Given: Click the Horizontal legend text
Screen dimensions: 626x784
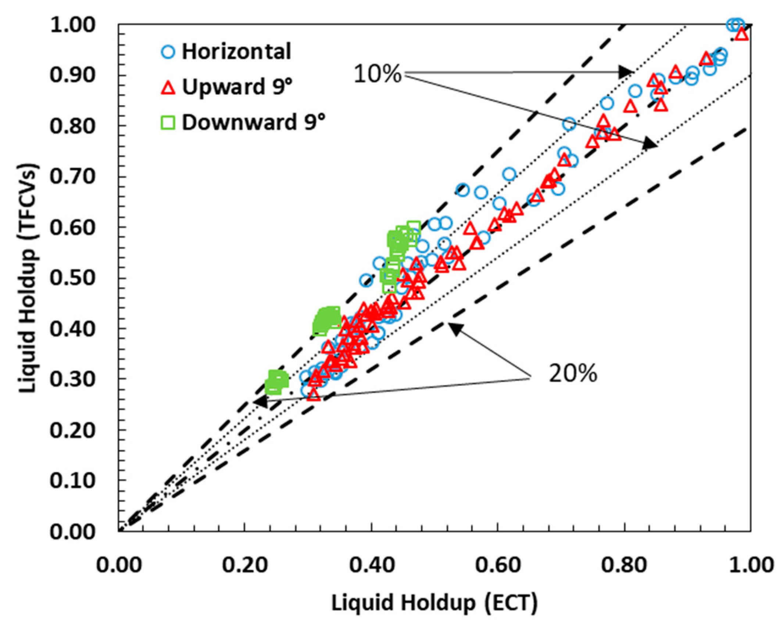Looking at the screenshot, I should point(237,51).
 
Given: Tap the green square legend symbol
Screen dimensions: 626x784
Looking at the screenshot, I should point(168,122).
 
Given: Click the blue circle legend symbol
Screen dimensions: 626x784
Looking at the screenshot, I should point(168,52).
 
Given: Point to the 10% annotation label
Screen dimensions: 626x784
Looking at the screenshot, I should point(377,74).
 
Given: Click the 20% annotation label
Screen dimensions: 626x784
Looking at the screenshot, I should point(573,374).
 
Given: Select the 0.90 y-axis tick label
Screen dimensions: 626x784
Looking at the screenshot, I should point(72,75).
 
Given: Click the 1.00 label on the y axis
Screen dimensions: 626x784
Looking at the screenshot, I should point(72,25).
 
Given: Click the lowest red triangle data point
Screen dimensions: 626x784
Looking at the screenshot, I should point(314,395).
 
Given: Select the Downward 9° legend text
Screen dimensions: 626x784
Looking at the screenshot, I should point(254,122).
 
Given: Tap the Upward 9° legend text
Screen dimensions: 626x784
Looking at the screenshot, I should point(237,87).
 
